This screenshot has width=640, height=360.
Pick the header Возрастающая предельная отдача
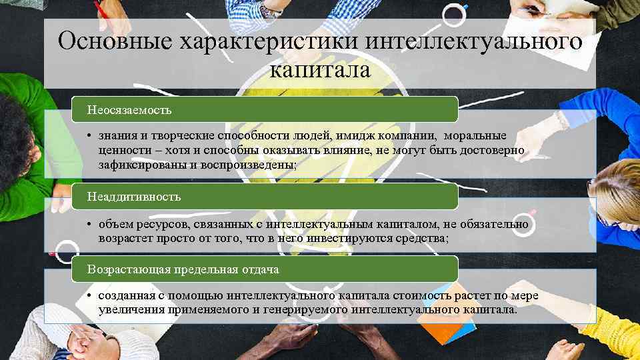184,269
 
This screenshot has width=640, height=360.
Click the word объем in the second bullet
115,224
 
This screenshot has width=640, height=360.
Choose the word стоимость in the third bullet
385,295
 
